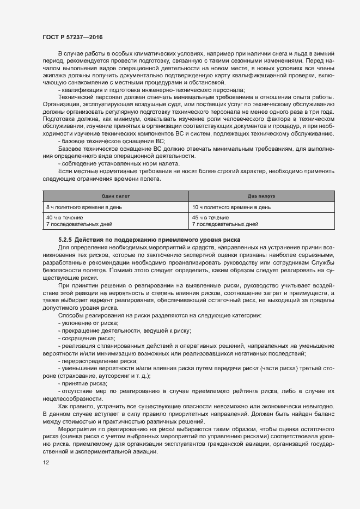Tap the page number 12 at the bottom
[x=45, y=462]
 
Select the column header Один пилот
[x=115, y=195]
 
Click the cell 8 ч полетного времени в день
[x=83, y=207]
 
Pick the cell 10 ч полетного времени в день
[x=231, y=207]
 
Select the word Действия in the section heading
[x=89, y=240]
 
